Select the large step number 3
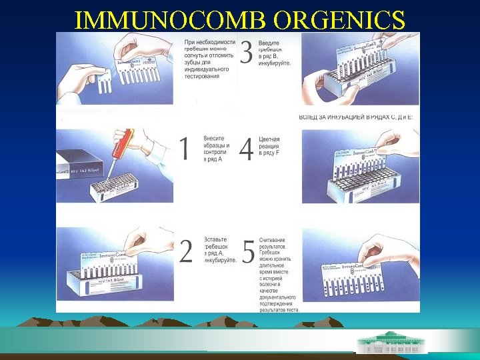pyautogui.click(x=246, y=53)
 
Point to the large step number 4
pyautogui.click(x=246, y=148)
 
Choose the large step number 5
pyautogui.click(x=247, y=251)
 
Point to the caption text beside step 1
pyautogui.click(x=217, y=149)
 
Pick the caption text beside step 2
pyautogui.click(x=219, y=250)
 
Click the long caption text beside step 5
pyautogui.click(x=279, y=273)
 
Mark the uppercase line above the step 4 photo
pyautogui.click(x=356, y=117)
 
